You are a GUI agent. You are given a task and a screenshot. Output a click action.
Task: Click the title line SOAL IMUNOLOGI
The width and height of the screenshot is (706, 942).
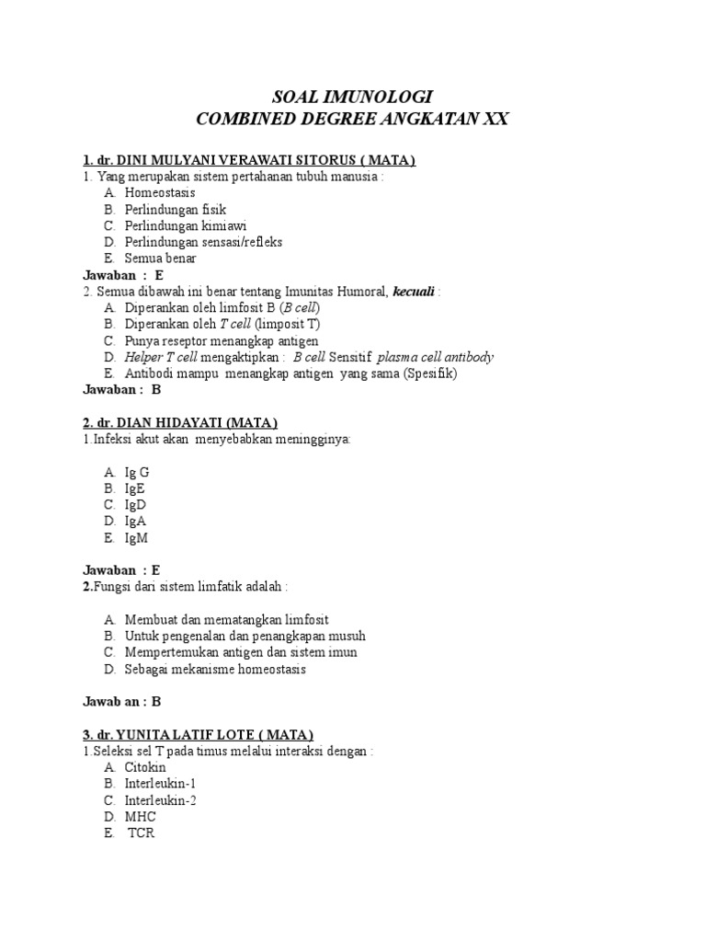tap(354, 97)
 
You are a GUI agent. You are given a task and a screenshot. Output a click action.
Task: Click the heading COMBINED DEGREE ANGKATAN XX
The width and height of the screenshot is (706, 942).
tap(354, 120)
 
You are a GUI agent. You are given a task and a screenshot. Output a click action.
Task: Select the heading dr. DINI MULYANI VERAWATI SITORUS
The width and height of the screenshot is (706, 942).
tap(249, 161)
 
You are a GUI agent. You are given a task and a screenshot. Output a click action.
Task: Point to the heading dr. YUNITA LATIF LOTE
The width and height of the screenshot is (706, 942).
tap(199, 734)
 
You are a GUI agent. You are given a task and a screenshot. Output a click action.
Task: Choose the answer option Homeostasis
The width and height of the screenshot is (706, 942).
tap(160, 193)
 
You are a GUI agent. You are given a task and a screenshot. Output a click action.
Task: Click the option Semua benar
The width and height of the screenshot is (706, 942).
tap(161, 258)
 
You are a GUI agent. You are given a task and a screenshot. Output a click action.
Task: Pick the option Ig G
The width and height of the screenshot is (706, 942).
tap(137, 472)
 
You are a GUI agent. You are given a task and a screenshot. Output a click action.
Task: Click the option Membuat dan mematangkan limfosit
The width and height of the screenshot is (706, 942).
tap(227, 619)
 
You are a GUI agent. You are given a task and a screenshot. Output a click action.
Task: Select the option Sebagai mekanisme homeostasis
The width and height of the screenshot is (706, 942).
tap(216, 669)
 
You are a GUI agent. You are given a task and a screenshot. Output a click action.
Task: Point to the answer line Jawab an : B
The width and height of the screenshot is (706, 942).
tap(122, 702)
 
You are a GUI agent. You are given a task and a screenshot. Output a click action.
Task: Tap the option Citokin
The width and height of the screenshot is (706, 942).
tap(145, 767)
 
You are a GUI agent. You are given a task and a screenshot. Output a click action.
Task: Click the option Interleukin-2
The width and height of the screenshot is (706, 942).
tap(161, 800)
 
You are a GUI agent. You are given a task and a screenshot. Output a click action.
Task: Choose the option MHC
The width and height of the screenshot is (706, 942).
tap(141, 817)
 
